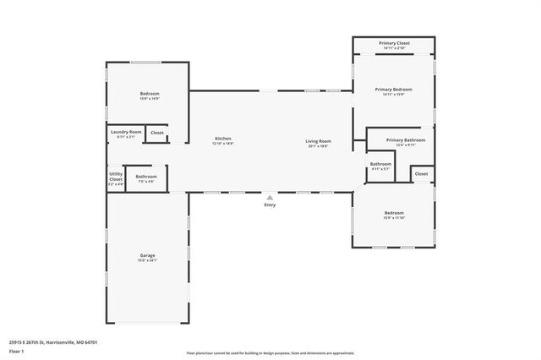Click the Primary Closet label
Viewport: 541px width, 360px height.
coord(394,43)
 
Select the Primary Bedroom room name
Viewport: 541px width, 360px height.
coord(394,89)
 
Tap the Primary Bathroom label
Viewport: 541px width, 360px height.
coord(406,139)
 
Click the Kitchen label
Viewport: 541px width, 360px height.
coord(222,139)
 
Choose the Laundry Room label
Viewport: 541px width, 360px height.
coord(124,133)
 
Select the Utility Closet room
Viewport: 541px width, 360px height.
coord(116,177)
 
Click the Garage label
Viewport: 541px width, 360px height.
coord(147,255)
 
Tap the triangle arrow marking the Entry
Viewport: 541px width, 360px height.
coord(270,198)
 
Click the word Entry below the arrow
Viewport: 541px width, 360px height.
coord(270,205)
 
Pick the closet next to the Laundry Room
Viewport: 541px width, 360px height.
coord(157,133)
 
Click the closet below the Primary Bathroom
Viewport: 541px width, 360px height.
coord(421,173)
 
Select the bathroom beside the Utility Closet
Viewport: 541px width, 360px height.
coord(146,177)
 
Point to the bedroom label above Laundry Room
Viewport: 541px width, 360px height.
coord(149,93)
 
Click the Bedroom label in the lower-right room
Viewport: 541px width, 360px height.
coord(394,212)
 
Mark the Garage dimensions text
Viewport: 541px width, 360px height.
coord(147,260)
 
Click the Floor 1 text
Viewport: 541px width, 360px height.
coord(16,351)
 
